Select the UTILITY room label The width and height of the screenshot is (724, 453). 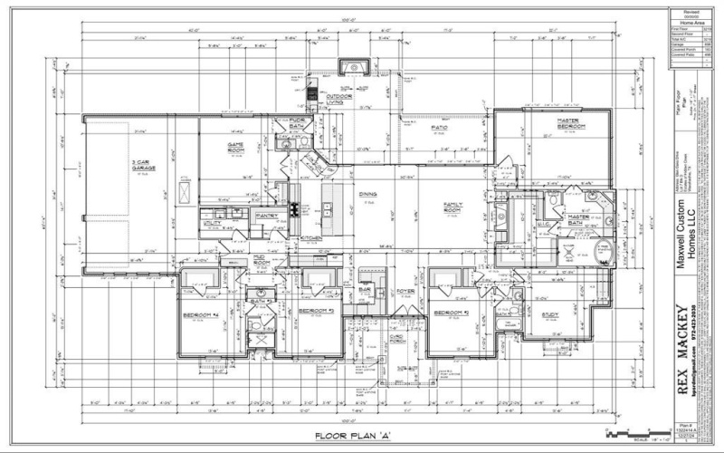214,222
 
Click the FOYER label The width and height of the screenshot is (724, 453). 405,290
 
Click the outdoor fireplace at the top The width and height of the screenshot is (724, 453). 348,67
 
